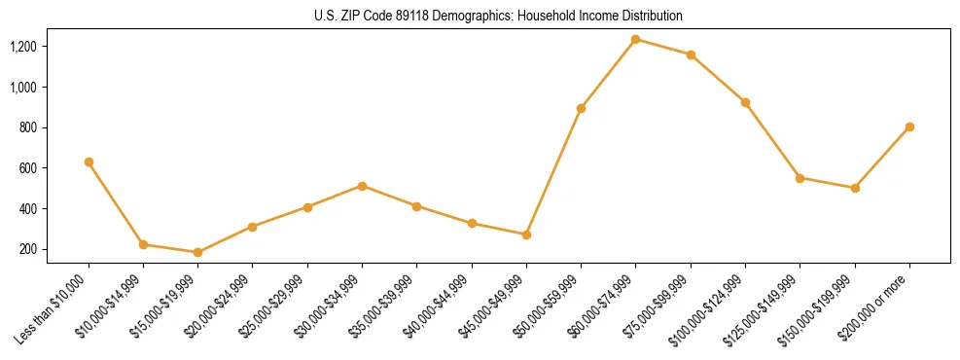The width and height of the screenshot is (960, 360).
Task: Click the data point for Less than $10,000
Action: pos(89,162)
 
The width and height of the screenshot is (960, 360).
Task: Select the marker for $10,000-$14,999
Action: pos(143,244)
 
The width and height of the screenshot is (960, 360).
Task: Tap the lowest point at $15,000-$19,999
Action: pos(197,252)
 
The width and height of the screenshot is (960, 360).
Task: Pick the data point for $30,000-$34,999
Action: pos(362,186)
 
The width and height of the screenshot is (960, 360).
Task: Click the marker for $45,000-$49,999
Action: pos(526,234)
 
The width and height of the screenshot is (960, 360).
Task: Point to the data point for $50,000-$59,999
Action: pos(581,108)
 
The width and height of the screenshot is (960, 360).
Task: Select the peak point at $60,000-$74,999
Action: pos(635,39)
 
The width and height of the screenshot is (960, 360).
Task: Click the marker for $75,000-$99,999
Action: pos(691,54)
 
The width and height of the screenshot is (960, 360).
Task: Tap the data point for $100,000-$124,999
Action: pos(745,102)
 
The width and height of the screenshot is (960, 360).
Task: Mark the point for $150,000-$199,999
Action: pos(855,188)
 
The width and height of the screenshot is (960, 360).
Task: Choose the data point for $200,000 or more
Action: pos(909,126)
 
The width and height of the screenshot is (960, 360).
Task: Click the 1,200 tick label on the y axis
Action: pos(23,47)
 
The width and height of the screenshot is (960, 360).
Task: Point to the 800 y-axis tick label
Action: pos(28,127)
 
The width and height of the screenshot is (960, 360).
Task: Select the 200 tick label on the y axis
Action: pos(28,249)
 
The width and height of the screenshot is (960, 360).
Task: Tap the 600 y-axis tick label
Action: pos(28,168)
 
